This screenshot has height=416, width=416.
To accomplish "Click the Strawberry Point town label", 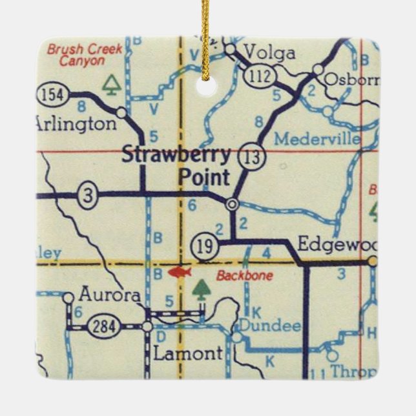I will pyautogui.click(x=176, y=165).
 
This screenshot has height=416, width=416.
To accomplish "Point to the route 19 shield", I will pyautogui.click(x=202, y=245).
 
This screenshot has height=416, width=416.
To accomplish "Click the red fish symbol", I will pyautogui.click(x=180, y=272).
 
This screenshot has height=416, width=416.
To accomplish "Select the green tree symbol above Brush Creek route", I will pyautogui.click(x=112, y=84).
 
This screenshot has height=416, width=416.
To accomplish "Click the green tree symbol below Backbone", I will pyautogui.click(x=202, y=289).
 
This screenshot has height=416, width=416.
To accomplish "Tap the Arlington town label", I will pyautogui.click(x=76, y=123).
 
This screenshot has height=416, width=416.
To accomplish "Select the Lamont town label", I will pyautogui.click(x=187, y=353).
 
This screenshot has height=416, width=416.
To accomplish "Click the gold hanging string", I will pyautogui.click(x=206, y=39).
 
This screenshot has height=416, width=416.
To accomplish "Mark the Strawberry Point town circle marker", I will pyautogui.click(x=233, y=204).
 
